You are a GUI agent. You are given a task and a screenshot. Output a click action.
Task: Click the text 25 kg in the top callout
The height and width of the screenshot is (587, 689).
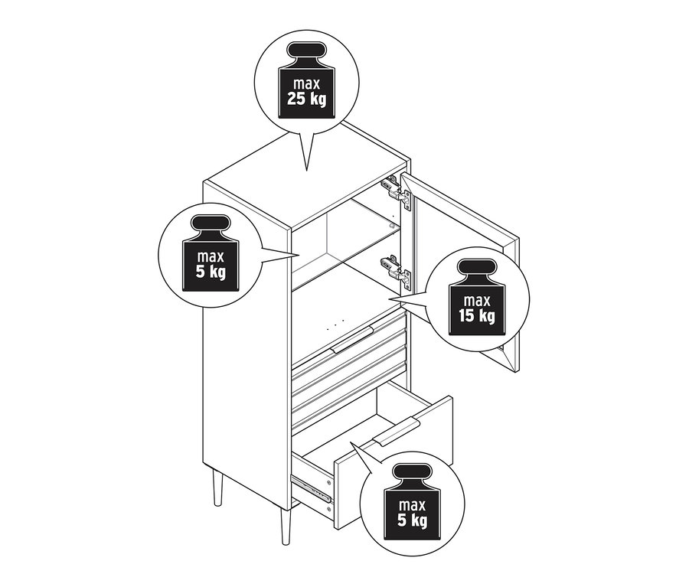point(306,99)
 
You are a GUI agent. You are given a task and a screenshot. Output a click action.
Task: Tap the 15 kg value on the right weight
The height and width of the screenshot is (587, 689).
point(477,316)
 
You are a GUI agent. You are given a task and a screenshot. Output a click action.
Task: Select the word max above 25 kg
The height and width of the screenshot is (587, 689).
point(307,84)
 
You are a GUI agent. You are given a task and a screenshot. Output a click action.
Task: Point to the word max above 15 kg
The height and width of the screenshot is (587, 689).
point(477,301)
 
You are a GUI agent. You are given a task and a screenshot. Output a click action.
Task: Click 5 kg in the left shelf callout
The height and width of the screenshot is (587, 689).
point(211,272)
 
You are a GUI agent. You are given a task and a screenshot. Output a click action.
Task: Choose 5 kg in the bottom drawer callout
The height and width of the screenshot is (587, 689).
point(412,520)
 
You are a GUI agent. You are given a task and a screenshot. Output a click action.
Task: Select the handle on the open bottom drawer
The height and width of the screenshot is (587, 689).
point(396,432)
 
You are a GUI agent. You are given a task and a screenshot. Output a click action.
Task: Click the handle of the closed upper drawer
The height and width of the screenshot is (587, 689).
point(352,340)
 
